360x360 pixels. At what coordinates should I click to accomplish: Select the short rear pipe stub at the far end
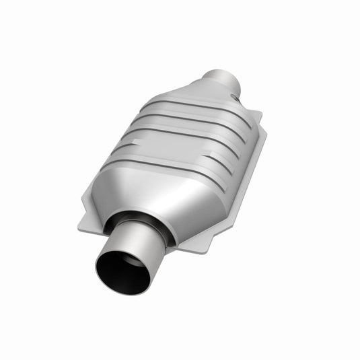[x=222, y=82]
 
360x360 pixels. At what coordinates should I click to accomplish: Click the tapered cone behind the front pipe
[x=161, y=195]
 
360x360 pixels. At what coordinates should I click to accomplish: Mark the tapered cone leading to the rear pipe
[x=202, y=94]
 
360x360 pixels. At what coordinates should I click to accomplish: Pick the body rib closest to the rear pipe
[x=195, y=108]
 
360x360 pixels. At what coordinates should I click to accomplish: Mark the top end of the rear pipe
[x=224, y=73]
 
